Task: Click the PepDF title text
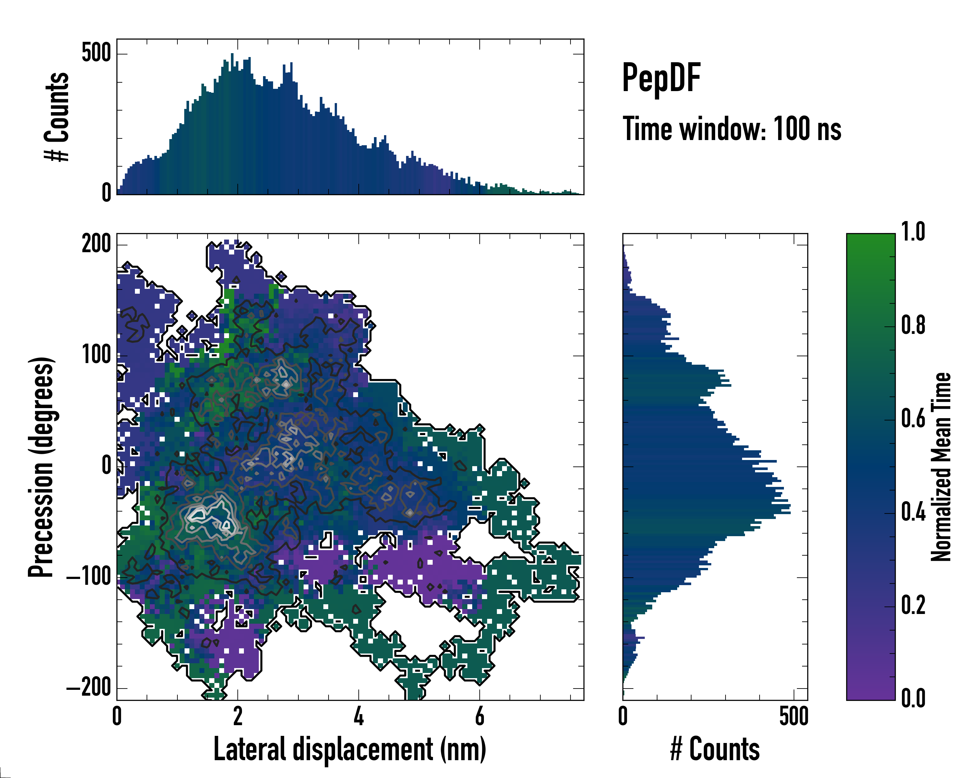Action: pyautogui.click(x=661, y=78)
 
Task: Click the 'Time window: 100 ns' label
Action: pyautogui.click(x=732, y=129)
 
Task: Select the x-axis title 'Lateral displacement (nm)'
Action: pyautogui.click(x=350, y=749)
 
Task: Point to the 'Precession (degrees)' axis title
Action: pyautogui.click(x=42, y=467)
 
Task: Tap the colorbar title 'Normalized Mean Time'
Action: pyautogui.click(x=942, y=467)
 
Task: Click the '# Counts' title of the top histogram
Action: pyautogui.click(x=57, y=117)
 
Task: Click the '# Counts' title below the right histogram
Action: pyautogui.click(x=715, y=749)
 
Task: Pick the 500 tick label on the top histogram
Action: pyautogui.click(x=96, y=53)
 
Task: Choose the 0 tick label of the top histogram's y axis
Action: pyautogui.click(x=106, y=193)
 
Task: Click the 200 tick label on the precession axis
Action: pyautogui.click(x=96, y=244)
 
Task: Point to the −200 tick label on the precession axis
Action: pyautogui.click(x=89, y=688)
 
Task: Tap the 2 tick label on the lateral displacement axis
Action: pyautogui.click(x=238, y=716)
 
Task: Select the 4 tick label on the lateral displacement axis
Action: pyautogui.click(x=359, y=716)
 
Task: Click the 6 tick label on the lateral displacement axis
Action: pyautogui.click(x=480, y=716)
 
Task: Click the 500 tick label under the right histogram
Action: pyautogui.click(x=793, y=716)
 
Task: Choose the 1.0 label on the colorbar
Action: pyautogui.click(x=913, y=232)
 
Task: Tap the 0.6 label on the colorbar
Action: pyautogui.click(x=913, y=419)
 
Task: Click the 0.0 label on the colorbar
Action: pyautogui.click(x=913, y=698)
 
